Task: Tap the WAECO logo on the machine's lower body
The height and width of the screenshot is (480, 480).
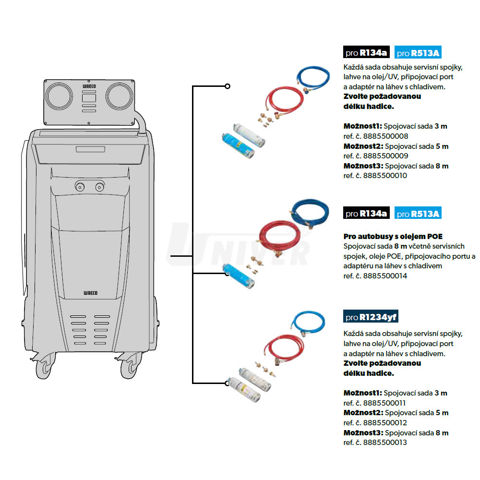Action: click(x=90, y=292)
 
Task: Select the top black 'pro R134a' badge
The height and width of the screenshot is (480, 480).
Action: click(x=366, y=53)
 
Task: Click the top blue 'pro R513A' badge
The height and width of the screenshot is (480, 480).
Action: click(x=418, y=53)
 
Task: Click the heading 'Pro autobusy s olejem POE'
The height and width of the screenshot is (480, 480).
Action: click(x=393, y=236)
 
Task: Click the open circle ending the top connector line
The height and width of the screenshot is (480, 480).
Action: click(x=228, y=86)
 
